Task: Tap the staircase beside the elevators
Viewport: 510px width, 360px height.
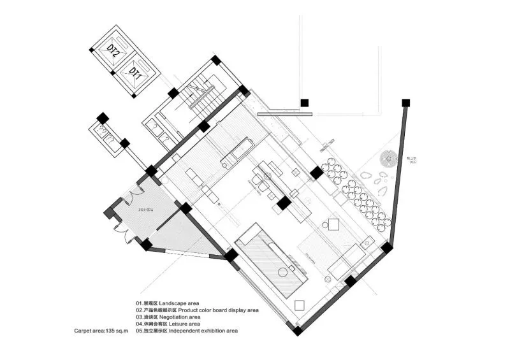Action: click(205, 99)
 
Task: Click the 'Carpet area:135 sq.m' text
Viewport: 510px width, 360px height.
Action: click(101, 331)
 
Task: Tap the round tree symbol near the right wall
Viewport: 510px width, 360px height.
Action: click(388, 159)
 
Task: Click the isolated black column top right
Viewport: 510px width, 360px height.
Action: click(305, 102)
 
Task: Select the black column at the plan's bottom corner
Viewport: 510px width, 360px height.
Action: click(298, 331)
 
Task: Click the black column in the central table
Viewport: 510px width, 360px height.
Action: click(284, 203)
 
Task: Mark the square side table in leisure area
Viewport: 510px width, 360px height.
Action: click(332, 223)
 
